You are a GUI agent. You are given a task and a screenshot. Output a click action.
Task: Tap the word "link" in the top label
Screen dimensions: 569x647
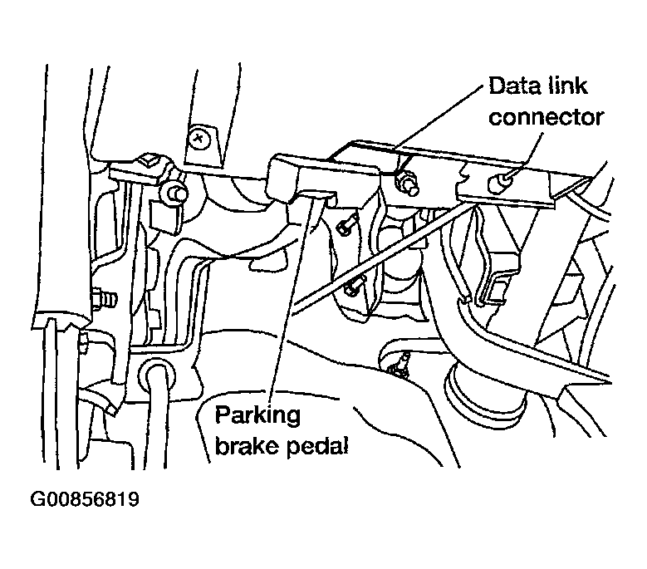[x=569, y=85]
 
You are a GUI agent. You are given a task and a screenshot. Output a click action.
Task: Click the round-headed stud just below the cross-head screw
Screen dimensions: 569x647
[x=174, y=193]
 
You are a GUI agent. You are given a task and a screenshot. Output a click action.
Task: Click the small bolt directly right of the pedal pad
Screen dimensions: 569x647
[x=347, y=223]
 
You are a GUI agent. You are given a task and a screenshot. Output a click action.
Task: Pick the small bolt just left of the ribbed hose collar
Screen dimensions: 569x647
[x=400, y=363]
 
